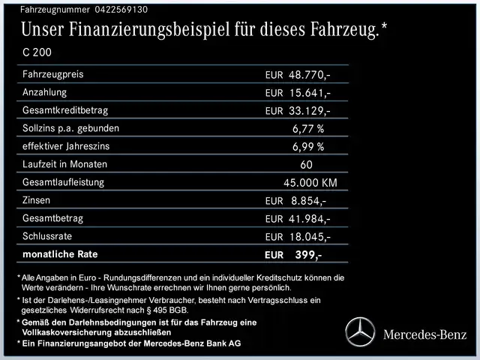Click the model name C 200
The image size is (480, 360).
pos(37,53)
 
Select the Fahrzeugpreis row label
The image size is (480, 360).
pos(53,74)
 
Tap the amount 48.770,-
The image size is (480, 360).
pos(310,75)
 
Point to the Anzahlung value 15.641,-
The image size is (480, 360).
pos(310,93)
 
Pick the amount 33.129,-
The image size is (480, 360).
pos(310,111)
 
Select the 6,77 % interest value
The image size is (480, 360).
pos(308,128)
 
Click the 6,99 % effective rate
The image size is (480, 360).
pos(308,146)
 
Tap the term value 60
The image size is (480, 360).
pos(306,164)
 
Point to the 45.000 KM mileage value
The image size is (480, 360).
pos(310,182)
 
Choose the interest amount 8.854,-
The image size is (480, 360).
pos(308,201)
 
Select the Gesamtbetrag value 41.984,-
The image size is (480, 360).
pos(310,219)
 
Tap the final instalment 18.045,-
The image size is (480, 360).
pos(310,237)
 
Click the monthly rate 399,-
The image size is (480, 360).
pos(308,255)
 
